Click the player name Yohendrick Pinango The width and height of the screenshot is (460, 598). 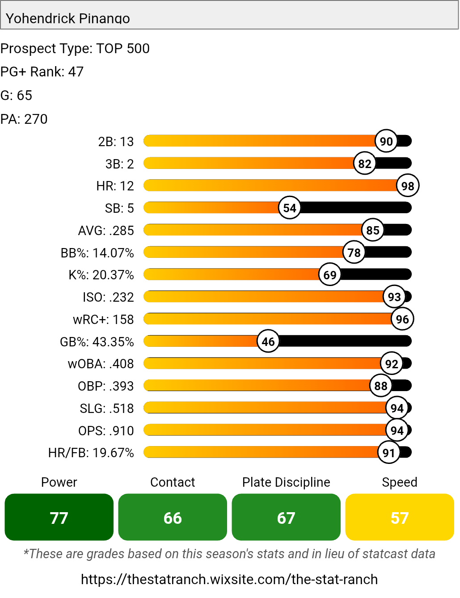(x=68, y=18)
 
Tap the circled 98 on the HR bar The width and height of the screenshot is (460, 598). (x=408, y=185)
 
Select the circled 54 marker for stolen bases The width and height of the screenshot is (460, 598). (x=290, y=208)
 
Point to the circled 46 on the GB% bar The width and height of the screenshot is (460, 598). (x=268, y=341)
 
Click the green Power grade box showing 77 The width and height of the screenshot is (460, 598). (x=59, y=517)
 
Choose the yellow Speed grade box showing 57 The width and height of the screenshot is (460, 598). (x=400, y=517)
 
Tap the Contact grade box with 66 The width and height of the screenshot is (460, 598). (x=173, y=517)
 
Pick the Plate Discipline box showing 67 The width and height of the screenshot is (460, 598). (x=286, y=517)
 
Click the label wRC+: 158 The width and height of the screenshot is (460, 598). (x=103, y=320)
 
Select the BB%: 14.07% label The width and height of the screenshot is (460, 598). (x=97, y=253)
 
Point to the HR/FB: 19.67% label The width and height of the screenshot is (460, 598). (x=91, y=453)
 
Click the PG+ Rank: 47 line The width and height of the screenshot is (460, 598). (x=42, y=72)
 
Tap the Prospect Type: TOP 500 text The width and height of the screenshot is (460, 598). (x=75, y=48)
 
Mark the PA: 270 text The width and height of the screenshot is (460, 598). (x=24, y=119)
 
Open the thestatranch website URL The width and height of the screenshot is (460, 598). (x=229, y=579)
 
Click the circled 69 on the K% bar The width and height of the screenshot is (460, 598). (x=330, y=274)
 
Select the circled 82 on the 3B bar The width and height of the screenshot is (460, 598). (x=365, y=164)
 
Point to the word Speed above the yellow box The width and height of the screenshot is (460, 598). (x=400, y=482)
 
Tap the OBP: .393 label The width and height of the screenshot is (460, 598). (x=106, y=386)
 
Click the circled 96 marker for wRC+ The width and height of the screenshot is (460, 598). (x=402, y=319)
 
